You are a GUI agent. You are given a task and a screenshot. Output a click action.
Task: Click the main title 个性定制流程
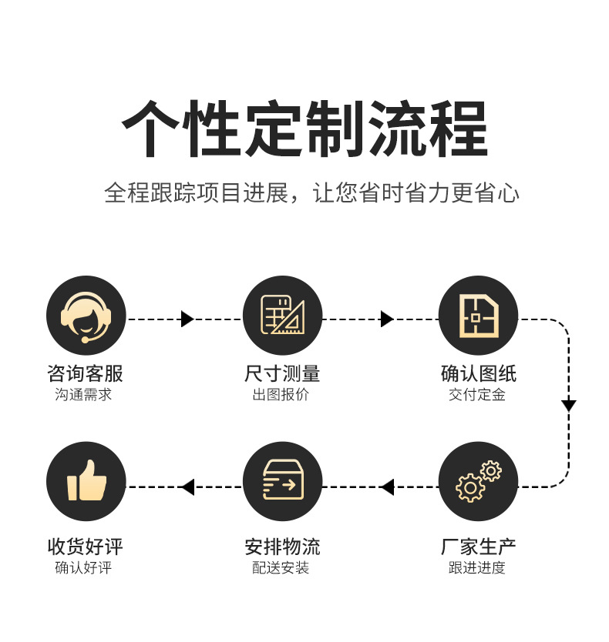pos(304,129)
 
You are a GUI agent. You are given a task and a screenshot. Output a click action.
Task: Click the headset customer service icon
pos(86,316)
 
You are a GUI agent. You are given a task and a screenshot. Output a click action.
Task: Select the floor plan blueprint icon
pos(478,316)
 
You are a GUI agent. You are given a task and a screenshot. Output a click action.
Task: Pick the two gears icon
pos(478,481)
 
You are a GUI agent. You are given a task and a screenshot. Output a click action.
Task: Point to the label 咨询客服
pos(86,373)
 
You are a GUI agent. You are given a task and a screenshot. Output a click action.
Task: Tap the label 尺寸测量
pos(282,373)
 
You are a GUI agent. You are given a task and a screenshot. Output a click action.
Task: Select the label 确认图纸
pos(479,373)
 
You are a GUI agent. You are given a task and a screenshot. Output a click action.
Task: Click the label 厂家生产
pos(478,547)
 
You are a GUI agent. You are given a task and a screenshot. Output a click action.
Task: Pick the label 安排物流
pos(282,547)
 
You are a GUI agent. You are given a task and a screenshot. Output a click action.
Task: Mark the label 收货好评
pos(86,547)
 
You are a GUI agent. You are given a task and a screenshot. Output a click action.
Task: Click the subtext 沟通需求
pos(83,395)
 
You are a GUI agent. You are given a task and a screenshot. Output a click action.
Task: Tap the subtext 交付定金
pos(477,395)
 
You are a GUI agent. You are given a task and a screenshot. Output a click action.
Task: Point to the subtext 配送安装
pos(281,568)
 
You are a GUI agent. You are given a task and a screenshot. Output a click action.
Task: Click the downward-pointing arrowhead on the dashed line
pos(568,406)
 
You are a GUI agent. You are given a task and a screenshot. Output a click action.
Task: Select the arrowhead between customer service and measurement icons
pos(187,319)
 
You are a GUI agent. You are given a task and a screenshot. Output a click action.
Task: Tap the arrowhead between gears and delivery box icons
pos(388,487)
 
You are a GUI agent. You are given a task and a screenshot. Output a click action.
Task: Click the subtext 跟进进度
pos(477,568)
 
